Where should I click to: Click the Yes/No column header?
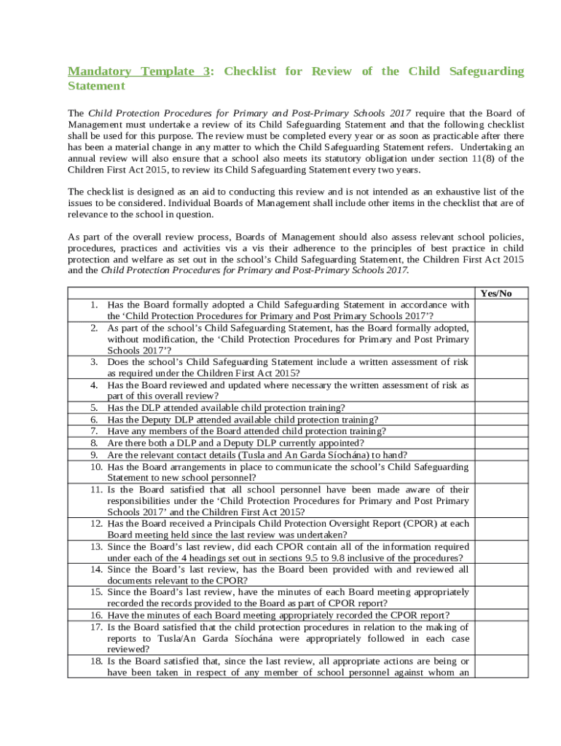click(x=495, y=293)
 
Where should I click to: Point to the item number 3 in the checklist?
click(x=94, y=361)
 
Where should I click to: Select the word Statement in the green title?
click(x=96, y=86)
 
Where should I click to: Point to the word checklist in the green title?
click(x=252, y=71)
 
